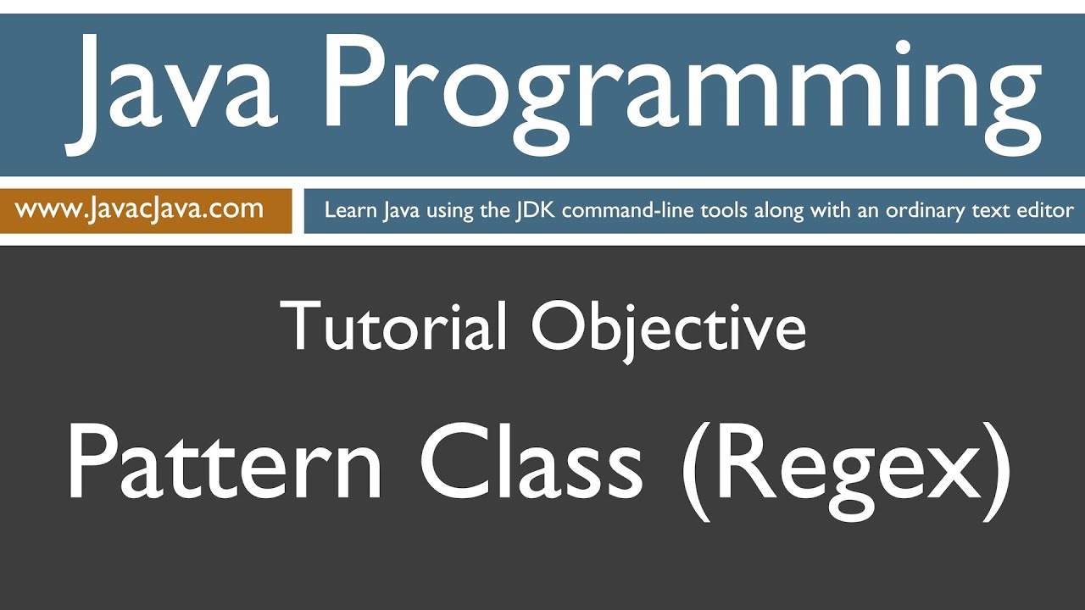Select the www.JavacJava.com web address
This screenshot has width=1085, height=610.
[139, 208]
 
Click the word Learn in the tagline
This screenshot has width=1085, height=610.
[348, 210]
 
